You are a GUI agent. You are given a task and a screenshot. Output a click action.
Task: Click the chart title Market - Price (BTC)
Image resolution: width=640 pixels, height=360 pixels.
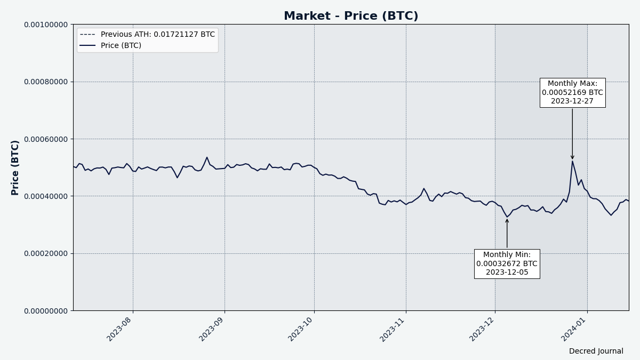tap(350, 16)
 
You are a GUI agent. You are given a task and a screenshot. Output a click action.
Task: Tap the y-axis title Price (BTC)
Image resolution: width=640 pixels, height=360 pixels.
tap(15, 167)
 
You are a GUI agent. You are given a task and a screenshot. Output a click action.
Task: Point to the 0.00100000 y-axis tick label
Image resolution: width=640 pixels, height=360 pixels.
tap(45, 25)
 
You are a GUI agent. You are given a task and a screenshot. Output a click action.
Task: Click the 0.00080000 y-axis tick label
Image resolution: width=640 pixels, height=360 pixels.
tap(45, 82)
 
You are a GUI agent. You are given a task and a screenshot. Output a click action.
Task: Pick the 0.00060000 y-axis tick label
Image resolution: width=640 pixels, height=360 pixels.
tap(45, 139)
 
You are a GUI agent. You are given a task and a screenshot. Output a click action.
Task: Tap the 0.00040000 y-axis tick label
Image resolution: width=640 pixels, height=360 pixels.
tap(45, 196)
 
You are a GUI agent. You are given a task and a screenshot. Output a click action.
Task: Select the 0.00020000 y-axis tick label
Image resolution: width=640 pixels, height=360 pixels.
tap(45, 253)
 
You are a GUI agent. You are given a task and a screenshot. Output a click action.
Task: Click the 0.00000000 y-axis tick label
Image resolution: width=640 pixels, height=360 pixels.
tap(45, 310)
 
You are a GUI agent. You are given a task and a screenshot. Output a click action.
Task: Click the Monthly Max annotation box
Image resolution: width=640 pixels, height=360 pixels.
tap(572, 92)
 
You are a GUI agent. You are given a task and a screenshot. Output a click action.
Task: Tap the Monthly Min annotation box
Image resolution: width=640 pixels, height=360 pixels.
tap(507, 263)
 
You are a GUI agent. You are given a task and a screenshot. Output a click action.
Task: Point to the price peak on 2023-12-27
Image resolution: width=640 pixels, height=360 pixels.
tap(572, 161)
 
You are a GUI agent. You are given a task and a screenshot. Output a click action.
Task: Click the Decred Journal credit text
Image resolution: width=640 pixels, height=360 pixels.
tap(596, 351)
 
